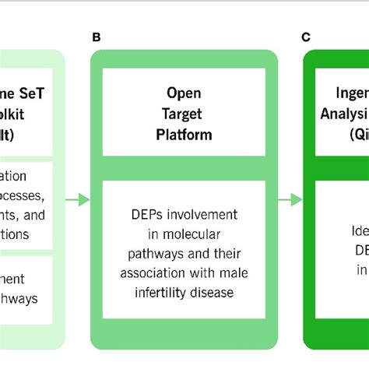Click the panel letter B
pos(96,37)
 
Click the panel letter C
pos(307,37)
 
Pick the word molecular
pos(191,233)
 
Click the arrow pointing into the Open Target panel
pos(77,200)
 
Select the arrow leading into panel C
pos(290,200)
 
